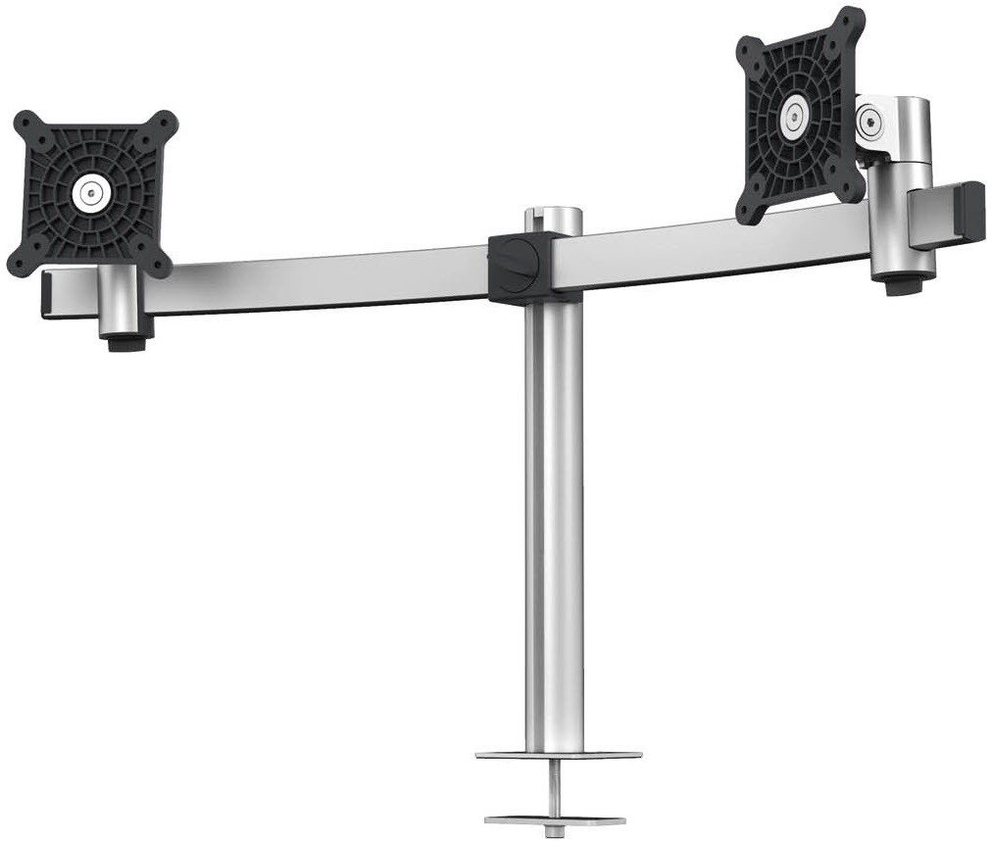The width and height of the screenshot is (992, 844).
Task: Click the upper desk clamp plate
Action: (558, 757)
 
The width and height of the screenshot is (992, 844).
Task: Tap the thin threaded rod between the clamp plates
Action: (556, 789)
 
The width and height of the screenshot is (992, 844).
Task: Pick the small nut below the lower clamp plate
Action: (556, 835)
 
